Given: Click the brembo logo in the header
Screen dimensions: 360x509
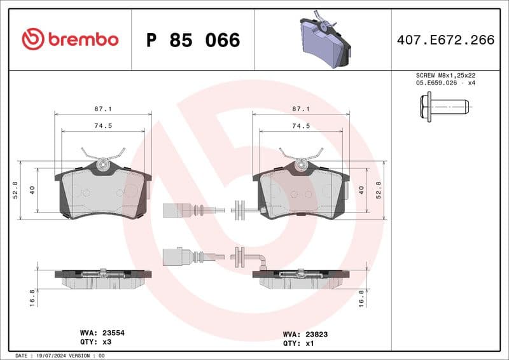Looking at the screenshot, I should (70, 39).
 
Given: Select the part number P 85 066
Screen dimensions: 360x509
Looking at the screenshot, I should (193, 40).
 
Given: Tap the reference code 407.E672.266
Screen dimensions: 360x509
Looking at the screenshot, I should (445, 40).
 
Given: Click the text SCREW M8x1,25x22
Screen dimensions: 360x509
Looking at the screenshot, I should (445, 75).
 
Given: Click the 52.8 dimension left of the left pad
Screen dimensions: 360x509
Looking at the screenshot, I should (15, 190).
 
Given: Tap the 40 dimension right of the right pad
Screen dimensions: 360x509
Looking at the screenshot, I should (361, 190).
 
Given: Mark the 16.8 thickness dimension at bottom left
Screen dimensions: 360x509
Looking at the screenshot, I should (32, 298).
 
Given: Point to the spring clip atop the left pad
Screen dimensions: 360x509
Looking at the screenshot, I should (102, 155).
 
